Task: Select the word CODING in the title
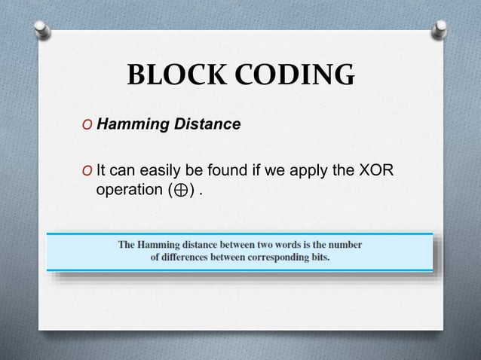(291, 76)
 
